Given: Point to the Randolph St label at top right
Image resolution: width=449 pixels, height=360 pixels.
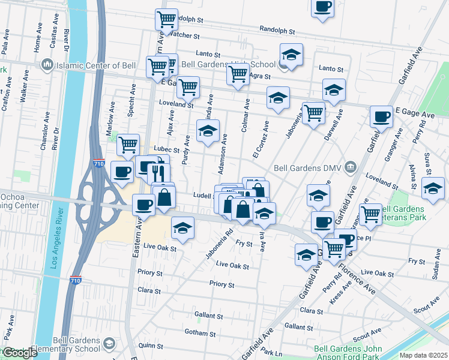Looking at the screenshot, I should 277,30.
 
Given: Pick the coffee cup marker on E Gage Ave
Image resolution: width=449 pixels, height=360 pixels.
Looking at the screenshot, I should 381,117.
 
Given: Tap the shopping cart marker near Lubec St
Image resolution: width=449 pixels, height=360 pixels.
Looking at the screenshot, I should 128,144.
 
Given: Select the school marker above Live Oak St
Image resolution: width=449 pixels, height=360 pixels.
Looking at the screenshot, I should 182,227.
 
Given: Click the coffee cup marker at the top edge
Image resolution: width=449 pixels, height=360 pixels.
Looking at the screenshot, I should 322,7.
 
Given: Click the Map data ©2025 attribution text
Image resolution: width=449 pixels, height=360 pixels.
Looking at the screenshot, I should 423,355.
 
